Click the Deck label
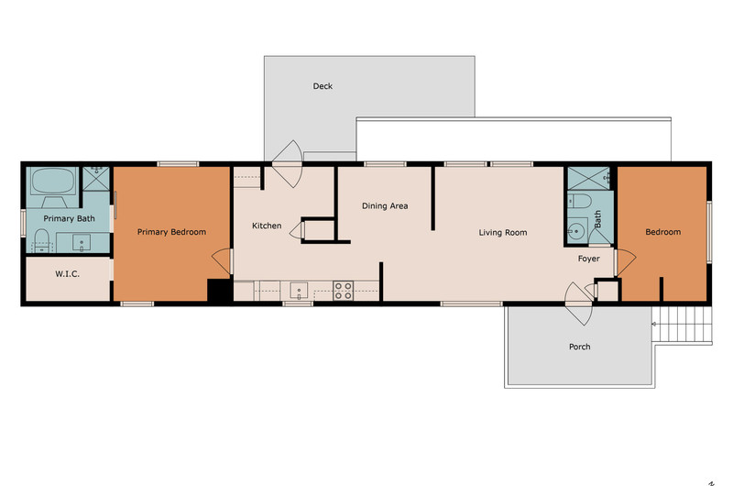pyautogui.click(x=323, y=86)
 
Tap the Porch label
pyautogui.click(x=580, y=347)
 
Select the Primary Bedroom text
pyautogui.click(x=171, y=232)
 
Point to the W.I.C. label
pyautogui.click(x=67, y=274)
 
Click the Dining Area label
pyautogui.click(x=385, y=205)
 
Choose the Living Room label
pyautogui.click(x=503, y=233)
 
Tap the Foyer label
pyautogui.click(x=588, y=259)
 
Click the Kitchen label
pyautogui.click(x=267, y=226)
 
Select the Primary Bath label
pyautogui.click(x=70, y=218)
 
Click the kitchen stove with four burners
pyautogui.click(x=343, y=291)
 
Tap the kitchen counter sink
pyautogui.click(x=299, y=291)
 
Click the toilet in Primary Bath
pyautogui.click(x=41, y=240)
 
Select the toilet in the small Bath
pyautogui.click(x=579, y=202)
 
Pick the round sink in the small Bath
pyautogui.click(x=576, y=231)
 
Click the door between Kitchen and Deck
pyautogui.click(x=287, y=164)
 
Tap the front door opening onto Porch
pyautogui.click(x=579, y=304)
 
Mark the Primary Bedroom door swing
pyautogui.click(x=222, y=261)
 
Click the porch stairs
pyautogui.click(x=682, y=325)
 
